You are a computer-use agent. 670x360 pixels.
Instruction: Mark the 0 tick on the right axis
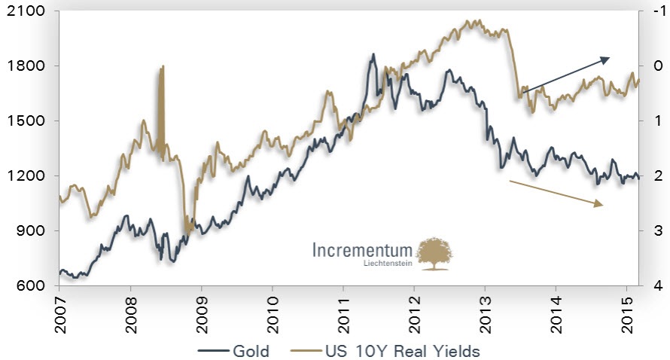pos(657,66)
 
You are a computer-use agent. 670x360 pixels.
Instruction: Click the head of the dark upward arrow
pos(609,58)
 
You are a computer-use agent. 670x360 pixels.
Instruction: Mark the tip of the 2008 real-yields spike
pos(163,67)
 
